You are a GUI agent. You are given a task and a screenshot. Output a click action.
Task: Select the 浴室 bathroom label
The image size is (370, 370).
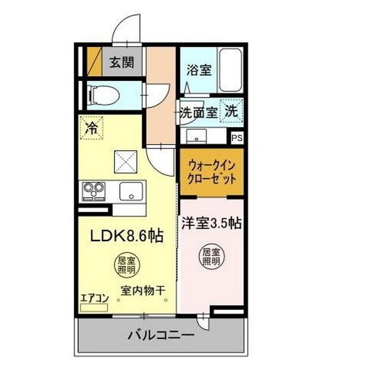[x=199, y=70]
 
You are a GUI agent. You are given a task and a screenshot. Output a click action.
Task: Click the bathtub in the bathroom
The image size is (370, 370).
[x=231, y=71]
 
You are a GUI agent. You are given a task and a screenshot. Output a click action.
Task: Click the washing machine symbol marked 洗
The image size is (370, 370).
[x=231, y=112]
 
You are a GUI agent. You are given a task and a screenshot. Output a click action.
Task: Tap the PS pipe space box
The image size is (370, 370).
[x=236, y=138]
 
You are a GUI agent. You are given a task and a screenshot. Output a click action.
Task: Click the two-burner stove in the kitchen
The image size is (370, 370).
[x=93, y=190]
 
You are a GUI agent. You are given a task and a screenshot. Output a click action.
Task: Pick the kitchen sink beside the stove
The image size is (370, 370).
[x=132, y=190]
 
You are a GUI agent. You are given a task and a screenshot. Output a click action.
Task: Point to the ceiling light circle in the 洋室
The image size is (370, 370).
[x=211, y=257]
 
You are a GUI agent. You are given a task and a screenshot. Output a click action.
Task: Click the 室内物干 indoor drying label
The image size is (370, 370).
[x=141, y=291]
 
